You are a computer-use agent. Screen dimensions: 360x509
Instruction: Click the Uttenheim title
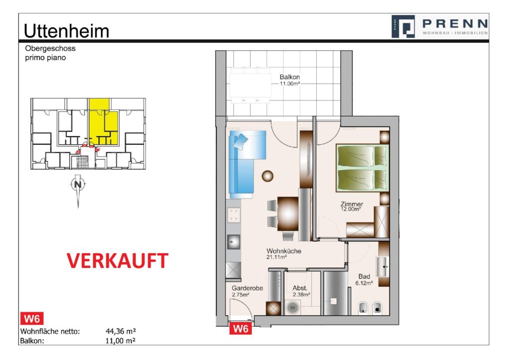(x=66, y=31)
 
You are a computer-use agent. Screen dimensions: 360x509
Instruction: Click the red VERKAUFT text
(x=117, y=261)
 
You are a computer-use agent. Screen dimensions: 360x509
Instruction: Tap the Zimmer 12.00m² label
(x=351, y=206)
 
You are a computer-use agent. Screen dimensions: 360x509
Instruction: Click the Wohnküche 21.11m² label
(x=284, y=254)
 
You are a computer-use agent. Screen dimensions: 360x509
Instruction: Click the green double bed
(x=361, y=167)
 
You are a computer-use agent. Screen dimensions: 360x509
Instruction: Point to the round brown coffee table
(x=268, y=176)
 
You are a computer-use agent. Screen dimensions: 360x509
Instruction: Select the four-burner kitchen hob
(x=233, y=215)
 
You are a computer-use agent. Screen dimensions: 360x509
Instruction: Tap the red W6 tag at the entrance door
(x=241, y=329)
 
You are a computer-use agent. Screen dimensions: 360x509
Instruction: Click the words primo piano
(x=45, y=58)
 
